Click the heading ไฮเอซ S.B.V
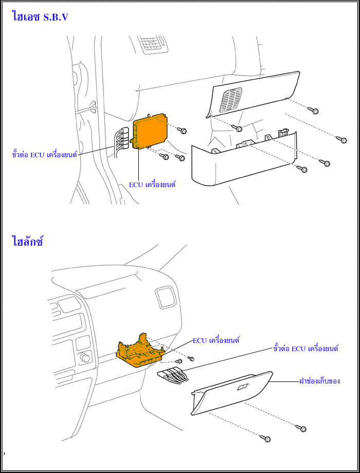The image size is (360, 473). (40, 16)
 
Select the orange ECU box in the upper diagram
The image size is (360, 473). (152, 131)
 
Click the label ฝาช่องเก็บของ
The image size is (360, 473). (319, 381)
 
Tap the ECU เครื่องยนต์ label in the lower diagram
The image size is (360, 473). (217, 340)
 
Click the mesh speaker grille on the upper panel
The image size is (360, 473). (231, 100)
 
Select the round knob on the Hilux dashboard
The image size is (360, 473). (84, 357)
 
